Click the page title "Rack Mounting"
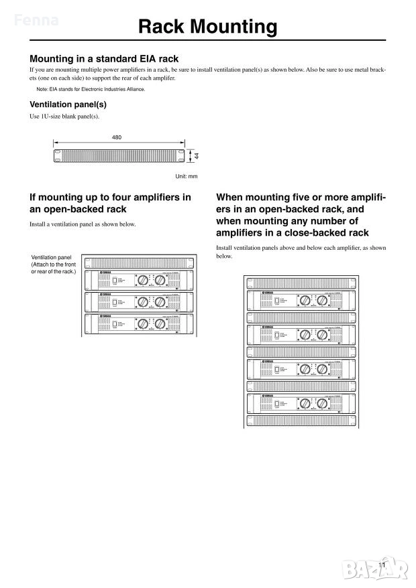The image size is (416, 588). click(x=207, y=27)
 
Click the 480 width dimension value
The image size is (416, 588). click(x=117, y=137)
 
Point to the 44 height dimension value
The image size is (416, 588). click(x=197, y=155)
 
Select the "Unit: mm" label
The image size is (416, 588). click(x=187, y=175)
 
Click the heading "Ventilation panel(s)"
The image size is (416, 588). click(x=68, y=104)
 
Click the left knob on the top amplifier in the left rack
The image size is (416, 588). click(x=142, y=279)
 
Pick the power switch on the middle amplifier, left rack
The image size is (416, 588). click(x=115, y=302)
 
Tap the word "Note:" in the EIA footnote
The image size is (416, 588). click(x=42, y=89)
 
